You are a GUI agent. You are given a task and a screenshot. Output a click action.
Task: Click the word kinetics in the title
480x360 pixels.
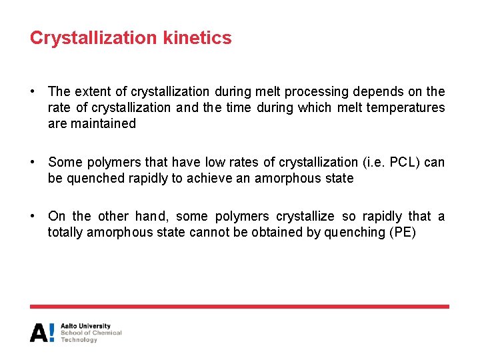197,38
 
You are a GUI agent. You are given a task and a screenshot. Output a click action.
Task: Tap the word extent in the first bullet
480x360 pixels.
93,91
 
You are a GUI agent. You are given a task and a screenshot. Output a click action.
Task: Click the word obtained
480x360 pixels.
279,232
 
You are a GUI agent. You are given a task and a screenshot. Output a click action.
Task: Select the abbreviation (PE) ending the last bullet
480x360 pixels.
402,232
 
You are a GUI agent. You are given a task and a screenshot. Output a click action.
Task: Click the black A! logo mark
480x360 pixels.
42,333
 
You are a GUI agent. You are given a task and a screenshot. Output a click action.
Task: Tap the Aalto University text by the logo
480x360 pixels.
85,326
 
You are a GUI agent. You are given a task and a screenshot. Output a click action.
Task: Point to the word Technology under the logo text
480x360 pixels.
79,340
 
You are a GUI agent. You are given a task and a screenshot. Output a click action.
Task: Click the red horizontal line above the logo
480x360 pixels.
239,307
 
